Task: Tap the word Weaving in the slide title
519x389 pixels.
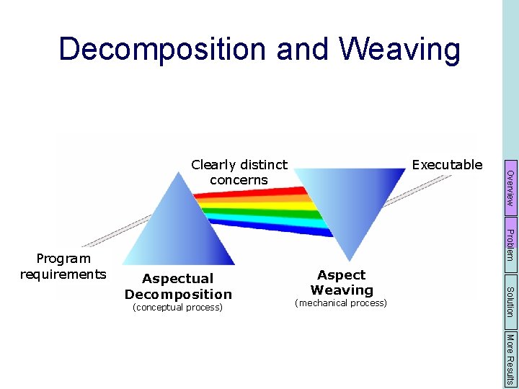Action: point(399,50)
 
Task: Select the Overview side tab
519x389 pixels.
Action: point(510,189)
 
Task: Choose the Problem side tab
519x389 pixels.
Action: point(510,244)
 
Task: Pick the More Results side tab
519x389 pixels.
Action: point(510,358)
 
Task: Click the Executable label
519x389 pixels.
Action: point(446,165)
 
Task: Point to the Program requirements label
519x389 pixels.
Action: point(63,266)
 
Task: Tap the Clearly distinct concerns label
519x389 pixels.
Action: point(239,173)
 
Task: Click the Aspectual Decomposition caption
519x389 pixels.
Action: point(178,286)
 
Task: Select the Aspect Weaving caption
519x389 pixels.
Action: point(342,282)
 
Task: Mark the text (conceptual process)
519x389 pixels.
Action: point(178,308)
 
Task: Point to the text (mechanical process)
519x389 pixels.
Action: point(341,303)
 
